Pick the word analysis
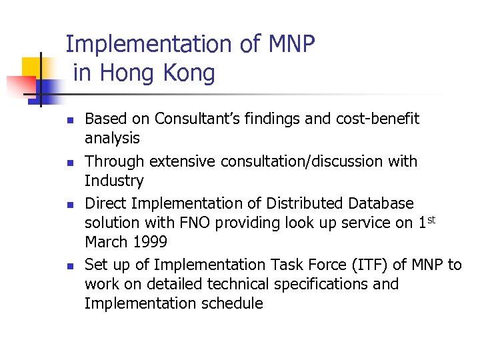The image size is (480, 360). click(x=112, y=139)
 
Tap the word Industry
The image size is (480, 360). click(x=114, y=181)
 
